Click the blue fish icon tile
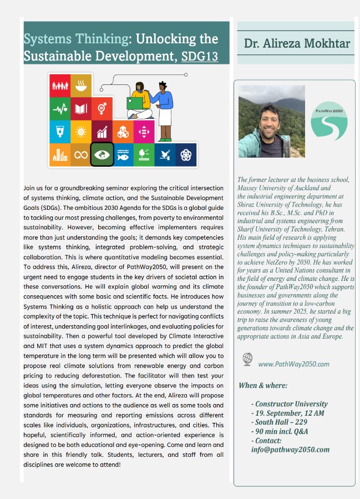pos(123,154)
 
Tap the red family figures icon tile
pos(59,85)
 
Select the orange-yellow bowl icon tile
pos(81,85)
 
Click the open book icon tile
pos(81,109)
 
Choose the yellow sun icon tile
pos(81,132)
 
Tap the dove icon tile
pos(165,154)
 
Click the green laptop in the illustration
pos(135,103)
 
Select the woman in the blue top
pos(163,105)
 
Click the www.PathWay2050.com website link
pos(293,364)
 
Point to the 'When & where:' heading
pos(263,385)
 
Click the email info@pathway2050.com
pos(290,450)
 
